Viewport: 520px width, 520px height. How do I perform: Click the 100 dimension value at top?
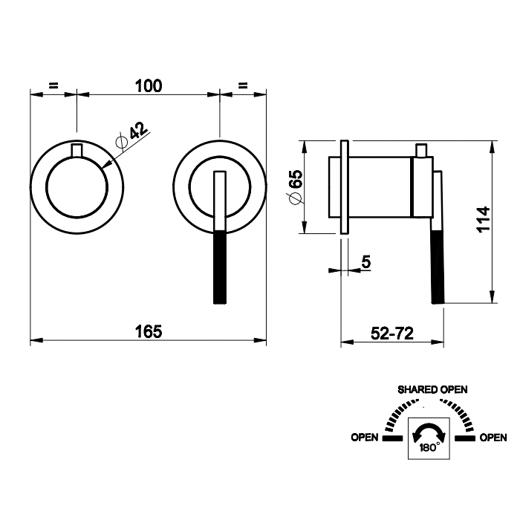pos(149,85)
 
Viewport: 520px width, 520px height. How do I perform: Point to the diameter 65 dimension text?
pos(295,186)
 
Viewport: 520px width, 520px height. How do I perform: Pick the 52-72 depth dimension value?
pos(391,334)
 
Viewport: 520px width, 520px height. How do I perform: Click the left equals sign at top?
pos(53,85)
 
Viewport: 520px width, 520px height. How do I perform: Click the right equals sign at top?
pos(243,85)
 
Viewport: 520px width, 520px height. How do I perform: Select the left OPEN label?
pos(365,438)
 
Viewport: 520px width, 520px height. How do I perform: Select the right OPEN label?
pos(493,438)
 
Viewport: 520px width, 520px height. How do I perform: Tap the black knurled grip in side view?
pos(438,267)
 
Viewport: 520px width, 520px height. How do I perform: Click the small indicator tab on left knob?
pos(77,152)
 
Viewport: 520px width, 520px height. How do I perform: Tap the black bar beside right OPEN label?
pos(464,438)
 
